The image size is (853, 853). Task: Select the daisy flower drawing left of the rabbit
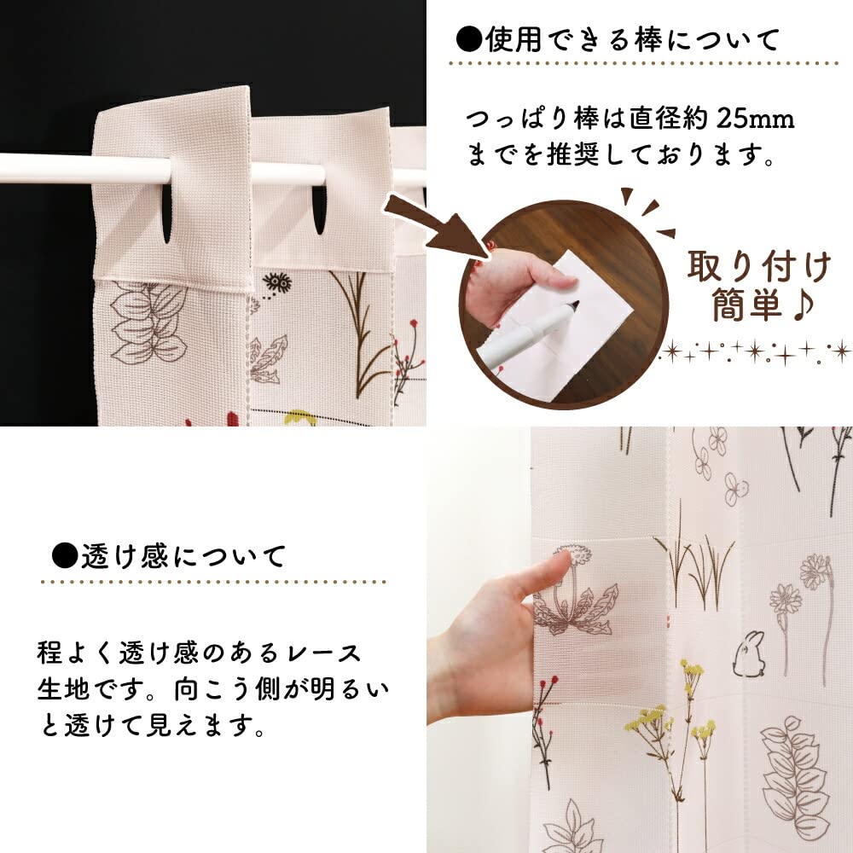(x=785, y=601)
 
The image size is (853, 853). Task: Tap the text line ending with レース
(x=200, y=653)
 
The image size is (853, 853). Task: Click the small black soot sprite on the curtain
(x=274, y=281)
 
